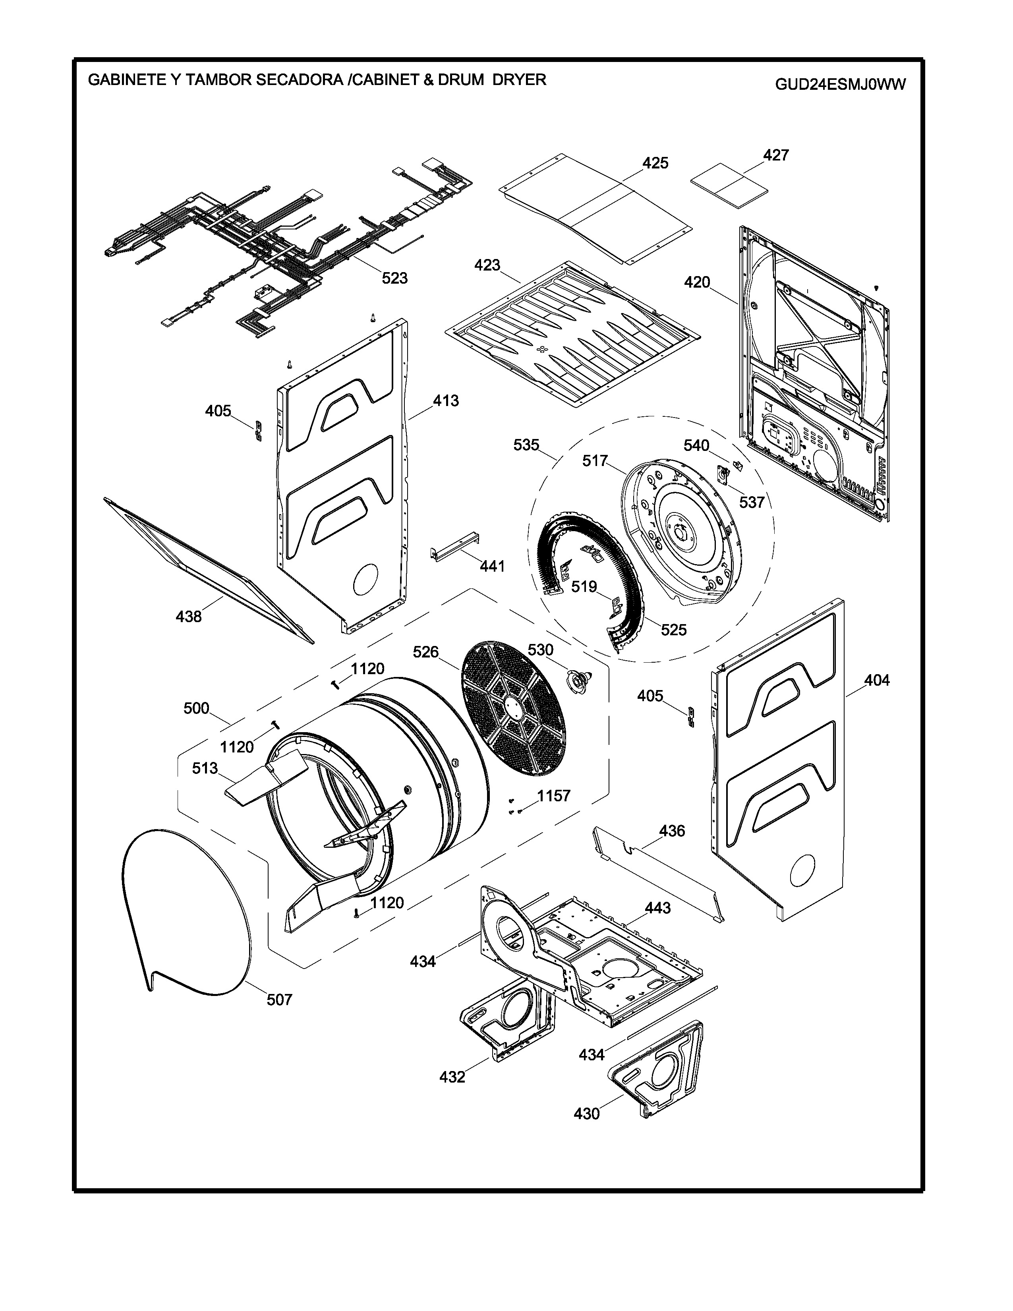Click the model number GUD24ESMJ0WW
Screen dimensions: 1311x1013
point(840,84)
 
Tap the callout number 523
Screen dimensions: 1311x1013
point(395,278)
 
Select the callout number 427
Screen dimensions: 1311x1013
point(775,155)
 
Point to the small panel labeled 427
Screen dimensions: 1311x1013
point(729,184)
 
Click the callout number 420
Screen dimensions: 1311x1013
point(697,282)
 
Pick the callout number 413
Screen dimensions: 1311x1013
point(446,400)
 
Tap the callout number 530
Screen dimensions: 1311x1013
point(540,650)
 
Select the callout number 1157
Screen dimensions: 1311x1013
point(553,796)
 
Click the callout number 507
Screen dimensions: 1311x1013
point(279,1000)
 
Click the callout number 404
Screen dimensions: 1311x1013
point(877,680)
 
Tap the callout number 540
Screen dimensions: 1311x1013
point(696,445)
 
